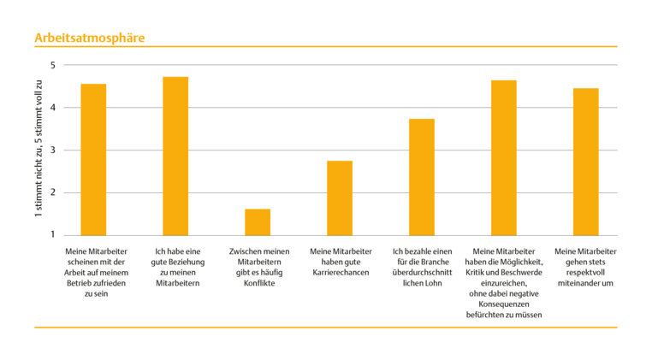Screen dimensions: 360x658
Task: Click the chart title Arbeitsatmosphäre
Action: [x=89, y=38]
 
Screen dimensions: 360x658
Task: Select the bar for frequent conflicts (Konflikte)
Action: [x=258, y=221]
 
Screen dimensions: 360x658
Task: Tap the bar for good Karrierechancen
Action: [x=340, y=198]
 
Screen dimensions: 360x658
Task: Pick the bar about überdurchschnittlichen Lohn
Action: [x=422, y=176]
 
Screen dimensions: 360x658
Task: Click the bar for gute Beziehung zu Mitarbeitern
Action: [x=175, y=156]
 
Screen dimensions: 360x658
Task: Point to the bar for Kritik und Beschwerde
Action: [x=504, y=157]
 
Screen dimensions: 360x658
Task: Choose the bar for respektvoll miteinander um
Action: [x=586, y=162]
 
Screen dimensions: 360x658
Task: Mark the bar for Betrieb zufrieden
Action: [x=93, y=159]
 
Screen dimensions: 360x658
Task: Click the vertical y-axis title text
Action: [x=39, y=150]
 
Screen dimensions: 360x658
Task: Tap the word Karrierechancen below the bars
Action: [x=341, y=272]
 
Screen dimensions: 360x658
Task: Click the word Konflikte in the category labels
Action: [x=258, y=283]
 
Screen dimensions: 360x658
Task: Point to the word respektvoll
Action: [x=586, y=272]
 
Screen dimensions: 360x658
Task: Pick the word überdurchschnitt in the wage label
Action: [x=422, y=272]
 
